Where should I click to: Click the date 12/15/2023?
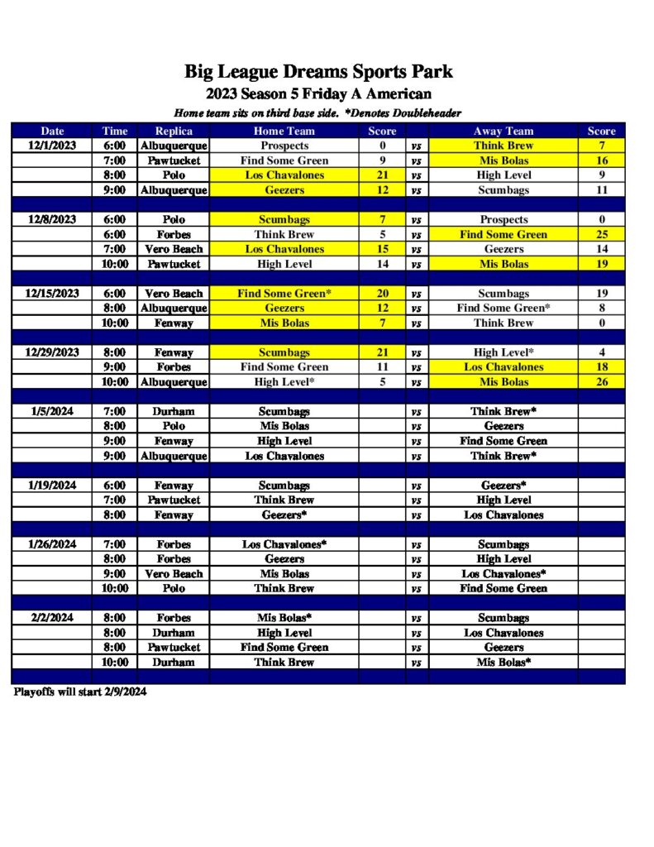click(x=52, y=294)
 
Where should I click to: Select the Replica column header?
click(x=174, y=131)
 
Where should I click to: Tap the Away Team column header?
click(x=504, y=131)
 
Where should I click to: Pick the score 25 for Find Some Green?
click(x=601, y=235)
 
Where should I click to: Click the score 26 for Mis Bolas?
click(x=601, y=382)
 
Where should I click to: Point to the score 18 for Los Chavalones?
click(x=601, y=367)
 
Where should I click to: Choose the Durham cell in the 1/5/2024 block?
click(x=174, y=412)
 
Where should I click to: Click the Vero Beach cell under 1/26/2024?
click(x=174, y=574)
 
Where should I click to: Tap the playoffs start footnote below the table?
click(x=80, y=692)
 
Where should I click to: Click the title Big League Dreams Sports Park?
click(x=318, y=72)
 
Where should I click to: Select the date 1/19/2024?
click(x=52, y=486)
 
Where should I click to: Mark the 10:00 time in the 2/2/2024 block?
click(x=115, y=663)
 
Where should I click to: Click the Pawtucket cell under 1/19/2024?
click(x=174, y=500)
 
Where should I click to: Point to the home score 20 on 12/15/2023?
click(x=382, y=294)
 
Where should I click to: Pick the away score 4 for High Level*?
click(x=601, y=352)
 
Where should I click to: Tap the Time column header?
click(x=115, y=131)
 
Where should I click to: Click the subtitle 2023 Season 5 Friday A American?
click(x=318, y=94)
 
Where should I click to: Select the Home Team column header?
click(x=284, y=131)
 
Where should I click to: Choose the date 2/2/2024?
click(x=52, y=618)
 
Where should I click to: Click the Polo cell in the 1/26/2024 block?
click(x=174, y=589)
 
